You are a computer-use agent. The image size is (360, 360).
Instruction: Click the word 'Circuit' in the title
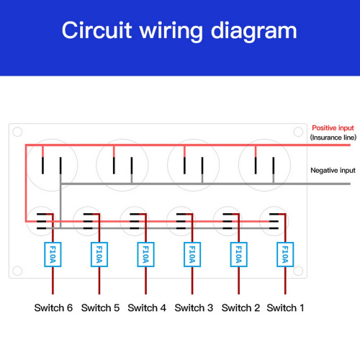[97, 30]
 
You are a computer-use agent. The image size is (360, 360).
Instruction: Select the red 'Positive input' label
[333, 128]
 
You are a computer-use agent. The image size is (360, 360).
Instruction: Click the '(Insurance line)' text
[333, 138]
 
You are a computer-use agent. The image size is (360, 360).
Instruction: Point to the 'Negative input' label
[333, 171]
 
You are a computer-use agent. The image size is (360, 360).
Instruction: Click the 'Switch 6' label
[53, 307]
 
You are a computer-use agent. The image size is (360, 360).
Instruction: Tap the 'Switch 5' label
[100, 307]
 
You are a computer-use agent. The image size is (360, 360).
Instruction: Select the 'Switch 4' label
[147, 307]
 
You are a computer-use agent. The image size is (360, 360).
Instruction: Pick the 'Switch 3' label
[194, 307]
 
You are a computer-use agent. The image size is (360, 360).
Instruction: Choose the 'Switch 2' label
[240, 307]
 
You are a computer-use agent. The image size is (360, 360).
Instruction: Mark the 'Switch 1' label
[286, 307]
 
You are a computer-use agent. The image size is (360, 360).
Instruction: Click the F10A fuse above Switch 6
[53, 254]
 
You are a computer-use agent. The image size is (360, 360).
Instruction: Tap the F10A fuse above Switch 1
[285, 254]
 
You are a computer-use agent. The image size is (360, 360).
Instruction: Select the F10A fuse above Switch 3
[192, 254]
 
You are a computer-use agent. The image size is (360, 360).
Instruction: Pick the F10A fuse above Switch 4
[145, 254]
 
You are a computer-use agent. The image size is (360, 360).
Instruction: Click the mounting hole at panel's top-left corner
[17, 132]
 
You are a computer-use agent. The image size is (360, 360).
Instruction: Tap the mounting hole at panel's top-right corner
[298, 132]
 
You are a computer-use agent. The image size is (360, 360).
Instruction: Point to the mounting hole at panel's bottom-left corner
[17, 271]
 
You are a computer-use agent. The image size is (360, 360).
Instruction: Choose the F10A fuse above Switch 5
[99, 254]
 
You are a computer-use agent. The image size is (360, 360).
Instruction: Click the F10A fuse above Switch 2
[239, 254]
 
